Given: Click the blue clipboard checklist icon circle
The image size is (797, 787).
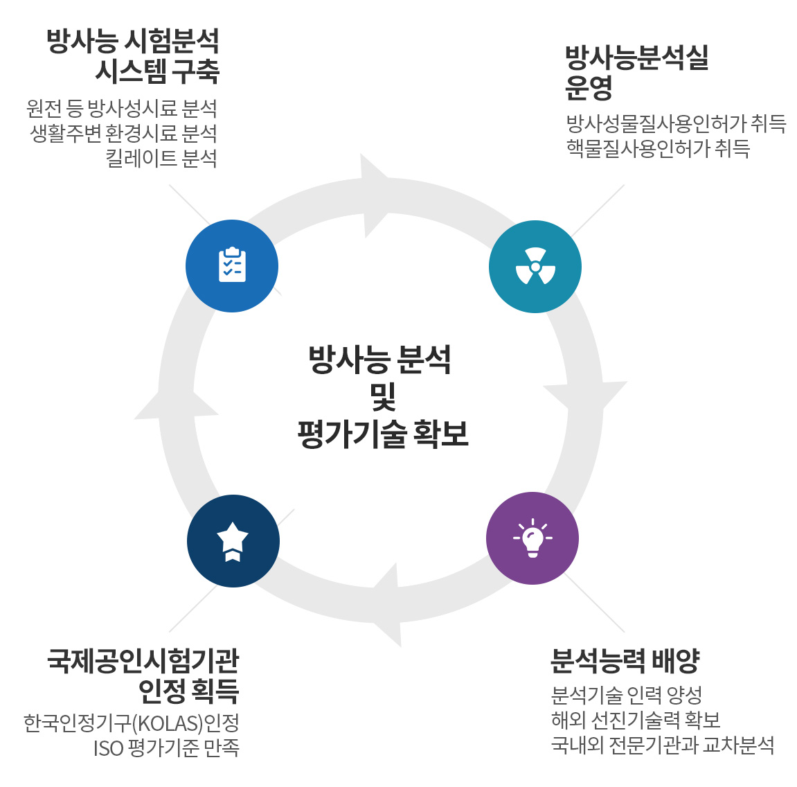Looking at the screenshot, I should tap(232, 266).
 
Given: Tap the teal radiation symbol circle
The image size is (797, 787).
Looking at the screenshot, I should tap(535, 267).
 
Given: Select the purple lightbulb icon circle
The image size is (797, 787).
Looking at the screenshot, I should tap(532, 538).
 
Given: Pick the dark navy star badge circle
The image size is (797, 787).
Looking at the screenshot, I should tap(233, 541).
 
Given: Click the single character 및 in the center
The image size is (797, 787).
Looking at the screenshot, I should tap(382, 396).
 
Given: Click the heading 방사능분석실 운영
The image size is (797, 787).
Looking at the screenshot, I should tap(636, 73).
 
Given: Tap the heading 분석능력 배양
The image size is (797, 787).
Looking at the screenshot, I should tap(625, 661).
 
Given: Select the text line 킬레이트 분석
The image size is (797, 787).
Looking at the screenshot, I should tap(161, 158).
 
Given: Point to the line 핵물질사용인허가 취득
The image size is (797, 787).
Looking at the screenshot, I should tap(658, 148).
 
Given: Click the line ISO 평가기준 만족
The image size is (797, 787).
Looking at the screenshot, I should tap(166, 748).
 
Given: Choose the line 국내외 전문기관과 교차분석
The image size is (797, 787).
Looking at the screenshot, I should tap(662, 745).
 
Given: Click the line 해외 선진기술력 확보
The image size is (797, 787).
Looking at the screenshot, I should tap(636, 720).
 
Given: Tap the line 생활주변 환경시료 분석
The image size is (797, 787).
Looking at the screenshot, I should tap(123, 133).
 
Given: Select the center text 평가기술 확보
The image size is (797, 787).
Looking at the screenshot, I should tap(382, 434).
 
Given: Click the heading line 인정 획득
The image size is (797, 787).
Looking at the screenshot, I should tap(188, 691).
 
